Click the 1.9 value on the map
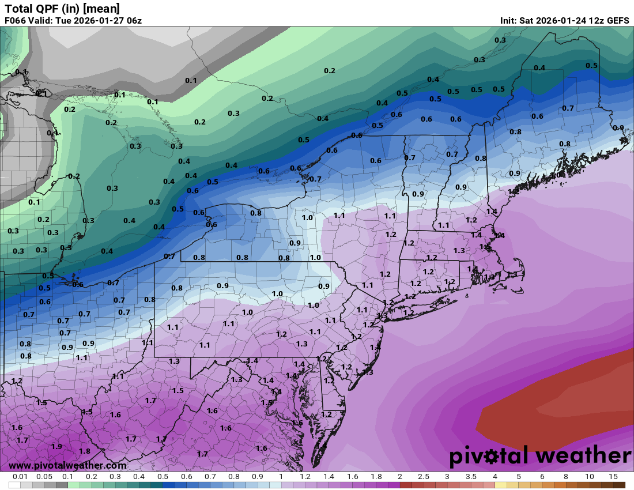coord(56,447)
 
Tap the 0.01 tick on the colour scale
coord(21,477)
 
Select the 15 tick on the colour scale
coord(613,477)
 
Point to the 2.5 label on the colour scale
coord(424,477)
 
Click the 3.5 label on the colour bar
coord(471,477)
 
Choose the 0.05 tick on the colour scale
coord(44,477)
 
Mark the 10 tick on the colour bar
coord(590,477)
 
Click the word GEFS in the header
coord(617,20)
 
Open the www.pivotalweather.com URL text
coord(67,465)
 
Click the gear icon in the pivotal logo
coord(492,457)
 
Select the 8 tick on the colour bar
coord(566,477)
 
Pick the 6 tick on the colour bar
coord(542,477)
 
